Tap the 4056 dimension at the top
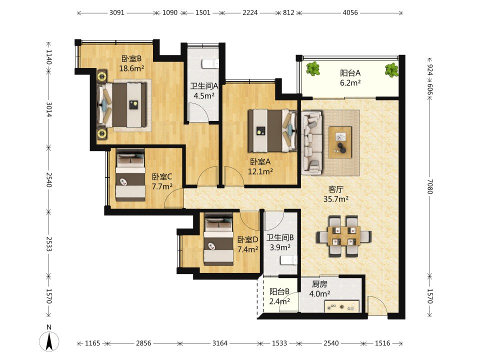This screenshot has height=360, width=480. point(350,12)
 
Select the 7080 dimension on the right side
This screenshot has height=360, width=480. point(430,186)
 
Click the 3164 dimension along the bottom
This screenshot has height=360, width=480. point(220,343)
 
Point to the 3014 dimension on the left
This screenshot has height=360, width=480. point(49,109)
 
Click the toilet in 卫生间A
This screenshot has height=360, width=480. point(210,63)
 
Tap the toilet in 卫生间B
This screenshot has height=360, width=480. point(289,260)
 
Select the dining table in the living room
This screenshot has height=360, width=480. point(344,236)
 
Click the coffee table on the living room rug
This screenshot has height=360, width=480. point(340,142)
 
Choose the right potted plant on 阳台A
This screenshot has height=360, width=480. point(391,70)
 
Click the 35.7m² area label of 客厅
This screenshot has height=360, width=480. point(336,199)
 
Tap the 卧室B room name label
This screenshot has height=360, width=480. point(131,58)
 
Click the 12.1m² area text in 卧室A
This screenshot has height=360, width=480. point(260,171)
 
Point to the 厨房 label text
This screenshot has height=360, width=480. point(319,284)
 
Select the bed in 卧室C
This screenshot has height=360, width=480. point(130,175)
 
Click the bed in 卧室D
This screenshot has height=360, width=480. point(218,239)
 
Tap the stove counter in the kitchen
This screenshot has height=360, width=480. point(342,306)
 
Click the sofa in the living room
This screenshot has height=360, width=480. point(311,142)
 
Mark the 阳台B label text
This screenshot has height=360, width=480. point(279,291)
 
